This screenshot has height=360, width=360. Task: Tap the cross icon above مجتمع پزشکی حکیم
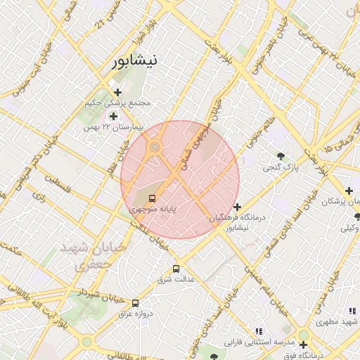pyautogui.click(x=117, y=92)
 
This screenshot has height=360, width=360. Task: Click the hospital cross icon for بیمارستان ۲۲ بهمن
pyautogui.click(x=113, y=115)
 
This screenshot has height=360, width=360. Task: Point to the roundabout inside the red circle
pyautogui.click(x=155, y=147)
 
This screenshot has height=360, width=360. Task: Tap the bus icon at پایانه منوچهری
pyautogui.click(x=153, y=198)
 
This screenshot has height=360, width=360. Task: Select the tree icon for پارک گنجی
pyautogui.click(x=281, y=156)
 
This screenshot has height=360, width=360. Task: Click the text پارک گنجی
pyautogui.click(x=281, y=168)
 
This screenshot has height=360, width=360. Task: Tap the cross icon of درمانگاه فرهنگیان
pyautogui.click(x=238, y=207)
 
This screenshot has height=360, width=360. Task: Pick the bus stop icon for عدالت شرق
pyautogui.click(x=176, y=268)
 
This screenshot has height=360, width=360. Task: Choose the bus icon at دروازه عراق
pyautogui.click(x=135, y=303)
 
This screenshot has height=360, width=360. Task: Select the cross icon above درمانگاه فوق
pyautogui.click(x=303, y=345)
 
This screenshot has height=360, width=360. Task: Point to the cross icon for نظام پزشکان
pyautogui.click(x=349, y=191)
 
